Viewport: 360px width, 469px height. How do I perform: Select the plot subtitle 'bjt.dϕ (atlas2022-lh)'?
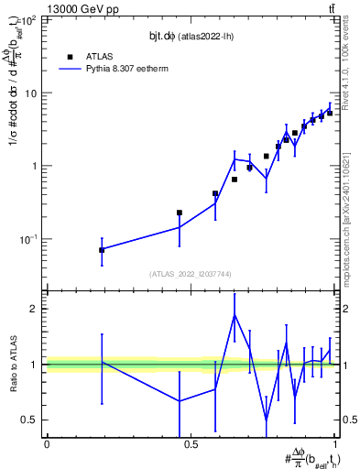pyautogui.click(x=191, y=35)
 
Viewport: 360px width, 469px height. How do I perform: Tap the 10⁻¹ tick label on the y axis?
pyautogui.click(x=29, y=239)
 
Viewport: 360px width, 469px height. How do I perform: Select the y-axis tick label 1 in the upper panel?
pyautogui.click(x=35, y=166)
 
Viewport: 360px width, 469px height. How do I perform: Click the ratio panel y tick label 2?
pyautogui.click(x=35, y=309)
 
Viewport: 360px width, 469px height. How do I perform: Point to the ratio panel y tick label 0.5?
pyautogui.click(x=29, y=420)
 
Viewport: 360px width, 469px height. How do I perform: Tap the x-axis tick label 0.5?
pyautogui.click(x=191, y=444)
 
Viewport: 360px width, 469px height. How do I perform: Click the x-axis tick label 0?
pyautogui.click(x=47, y=444)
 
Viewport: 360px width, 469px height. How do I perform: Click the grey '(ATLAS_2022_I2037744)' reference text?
pyautogui.click(x=191, y=274)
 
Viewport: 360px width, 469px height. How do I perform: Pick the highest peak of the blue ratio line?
pyautogui.click(x=235, y=314)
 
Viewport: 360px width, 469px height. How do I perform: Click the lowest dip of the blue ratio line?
pyautogui.click(x=267, y=420)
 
